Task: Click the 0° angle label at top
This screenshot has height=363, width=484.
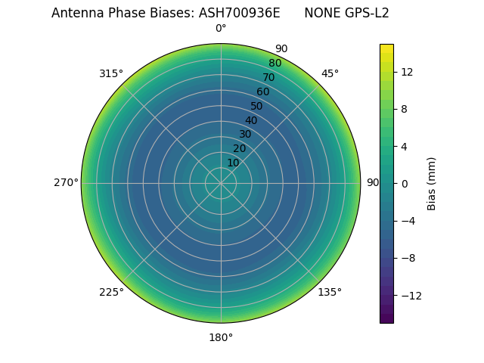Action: coord(221,29)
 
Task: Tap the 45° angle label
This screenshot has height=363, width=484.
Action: coord(330,73)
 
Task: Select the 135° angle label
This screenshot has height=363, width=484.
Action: coord(330,292)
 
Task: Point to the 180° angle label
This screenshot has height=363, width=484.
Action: coord(221,337)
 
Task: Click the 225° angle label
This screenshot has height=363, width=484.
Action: coord(111,292)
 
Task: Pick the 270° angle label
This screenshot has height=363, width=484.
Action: coord(66,183)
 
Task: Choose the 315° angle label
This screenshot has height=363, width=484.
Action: coord(111,73)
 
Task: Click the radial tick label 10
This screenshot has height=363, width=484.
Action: coord(233,163)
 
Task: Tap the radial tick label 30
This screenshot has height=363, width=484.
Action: coord(245,134)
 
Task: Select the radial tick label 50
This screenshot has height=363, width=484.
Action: coord(257,106)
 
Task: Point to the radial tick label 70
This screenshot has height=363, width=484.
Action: coord(268,77)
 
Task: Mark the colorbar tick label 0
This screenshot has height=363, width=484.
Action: coord(404,183)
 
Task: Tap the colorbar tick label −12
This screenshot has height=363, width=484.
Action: coord(408,295)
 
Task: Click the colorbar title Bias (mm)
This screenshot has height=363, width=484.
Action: coord(432,183)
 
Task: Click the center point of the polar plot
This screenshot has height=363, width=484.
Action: coord(221,183)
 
